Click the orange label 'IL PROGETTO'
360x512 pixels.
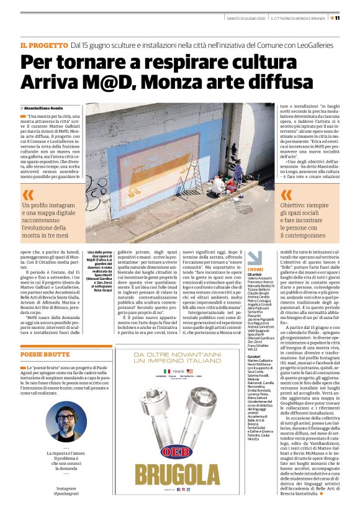point(44,45)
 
